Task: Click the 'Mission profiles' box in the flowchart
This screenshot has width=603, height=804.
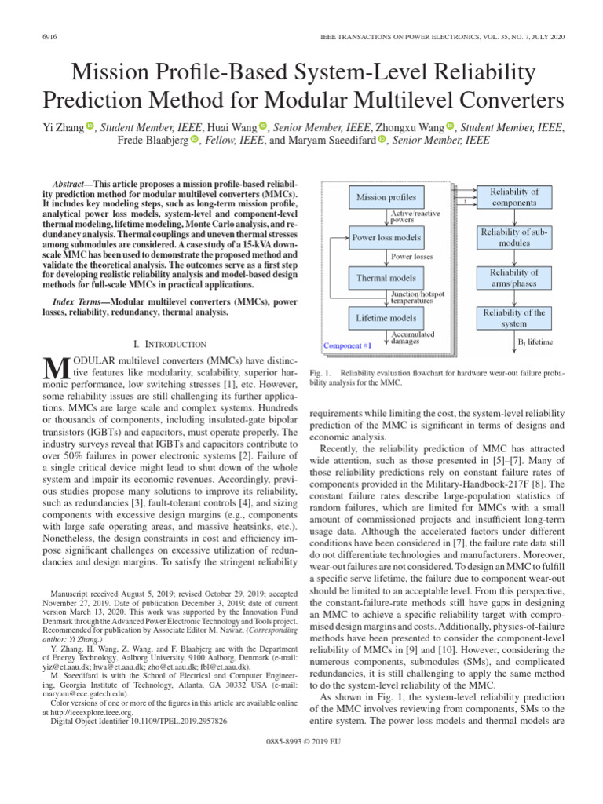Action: click(x=386, y=196)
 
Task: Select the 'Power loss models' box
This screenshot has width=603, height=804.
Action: click(x=386, y=237)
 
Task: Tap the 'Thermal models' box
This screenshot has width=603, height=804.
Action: click(x=386, y=277)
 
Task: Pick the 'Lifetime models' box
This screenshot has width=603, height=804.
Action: click(x=386, y=317)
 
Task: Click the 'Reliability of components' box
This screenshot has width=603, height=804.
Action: click(x=514, y=197)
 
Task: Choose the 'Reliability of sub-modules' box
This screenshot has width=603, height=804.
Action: click(x=514, y=237)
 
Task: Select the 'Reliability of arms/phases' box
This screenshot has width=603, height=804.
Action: click(x=514, y=277)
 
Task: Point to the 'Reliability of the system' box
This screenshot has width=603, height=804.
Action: click(x=514, y=318)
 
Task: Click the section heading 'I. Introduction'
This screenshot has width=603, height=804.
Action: click(x=170, y=344)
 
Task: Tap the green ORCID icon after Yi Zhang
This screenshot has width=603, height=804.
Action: click(x=90, y=126)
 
